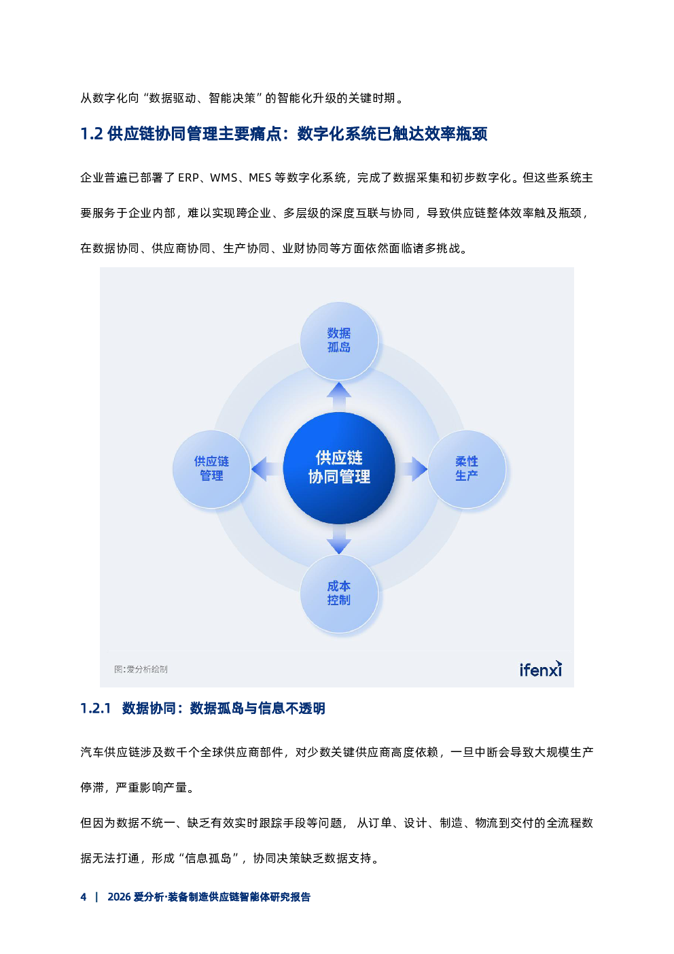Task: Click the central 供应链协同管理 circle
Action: click(339, 468)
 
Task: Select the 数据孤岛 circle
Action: click(339, 340)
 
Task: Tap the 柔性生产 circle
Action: click(467, 469)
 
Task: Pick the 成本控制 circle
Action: click(339, 593)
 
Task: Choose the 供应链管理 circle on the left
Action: click(211, 469)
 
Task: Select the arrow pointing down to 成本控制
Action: click(339, 539)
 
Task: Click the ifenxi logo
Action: click(540, 669)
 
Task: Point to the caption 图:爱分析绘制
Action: click(141, 669)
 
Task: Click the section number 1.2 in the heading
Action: click(92, 134)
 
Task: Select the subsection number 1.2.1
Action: click(95, 709)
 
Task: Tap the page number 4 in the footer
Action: click(84, 897)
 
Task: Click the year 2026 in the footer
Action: click(119, 897)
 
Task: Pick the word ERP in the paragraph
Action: click(188, 177)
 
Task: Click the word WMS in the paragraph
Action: click(224, 177)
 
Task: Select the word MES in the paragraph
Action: click(260, 177)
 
